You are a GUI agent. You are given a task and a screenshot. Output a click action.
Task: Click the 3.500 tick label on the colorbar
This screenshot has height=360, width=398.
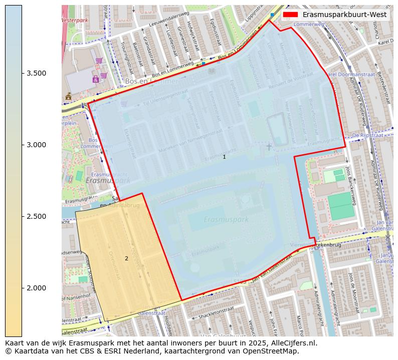coord(37,73)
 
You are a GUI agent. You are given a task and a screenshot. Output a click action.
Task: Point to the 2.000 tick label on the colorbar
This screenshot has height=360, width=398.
coord(37,288)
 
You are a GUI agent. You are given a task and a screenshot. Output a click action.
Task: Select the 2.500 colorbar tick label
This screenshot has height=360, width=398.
coord(37,216)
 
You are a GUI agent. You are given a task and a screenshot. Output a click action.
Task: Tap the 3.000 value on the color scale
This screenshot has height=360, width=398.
coord(37,145)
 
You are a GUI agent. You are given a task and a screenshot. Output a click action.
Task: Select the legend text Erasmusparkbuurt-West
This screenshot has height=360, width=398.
coord(344,15)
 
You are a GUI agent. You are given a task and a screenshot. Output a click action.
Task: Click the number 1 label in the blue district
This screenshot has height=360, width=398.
coord(224,157)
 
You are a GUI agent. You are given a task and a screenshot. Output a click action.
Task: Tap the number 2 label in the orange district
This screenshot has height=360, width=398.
coord(126,258)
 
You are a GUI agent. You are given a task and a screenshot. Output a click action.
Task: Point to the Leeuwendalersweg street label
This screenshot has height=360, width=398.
coord(173,20)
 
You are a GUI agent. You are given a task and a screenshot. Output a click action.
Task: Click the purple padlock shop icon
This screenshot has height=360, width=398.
coord(95,79)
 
